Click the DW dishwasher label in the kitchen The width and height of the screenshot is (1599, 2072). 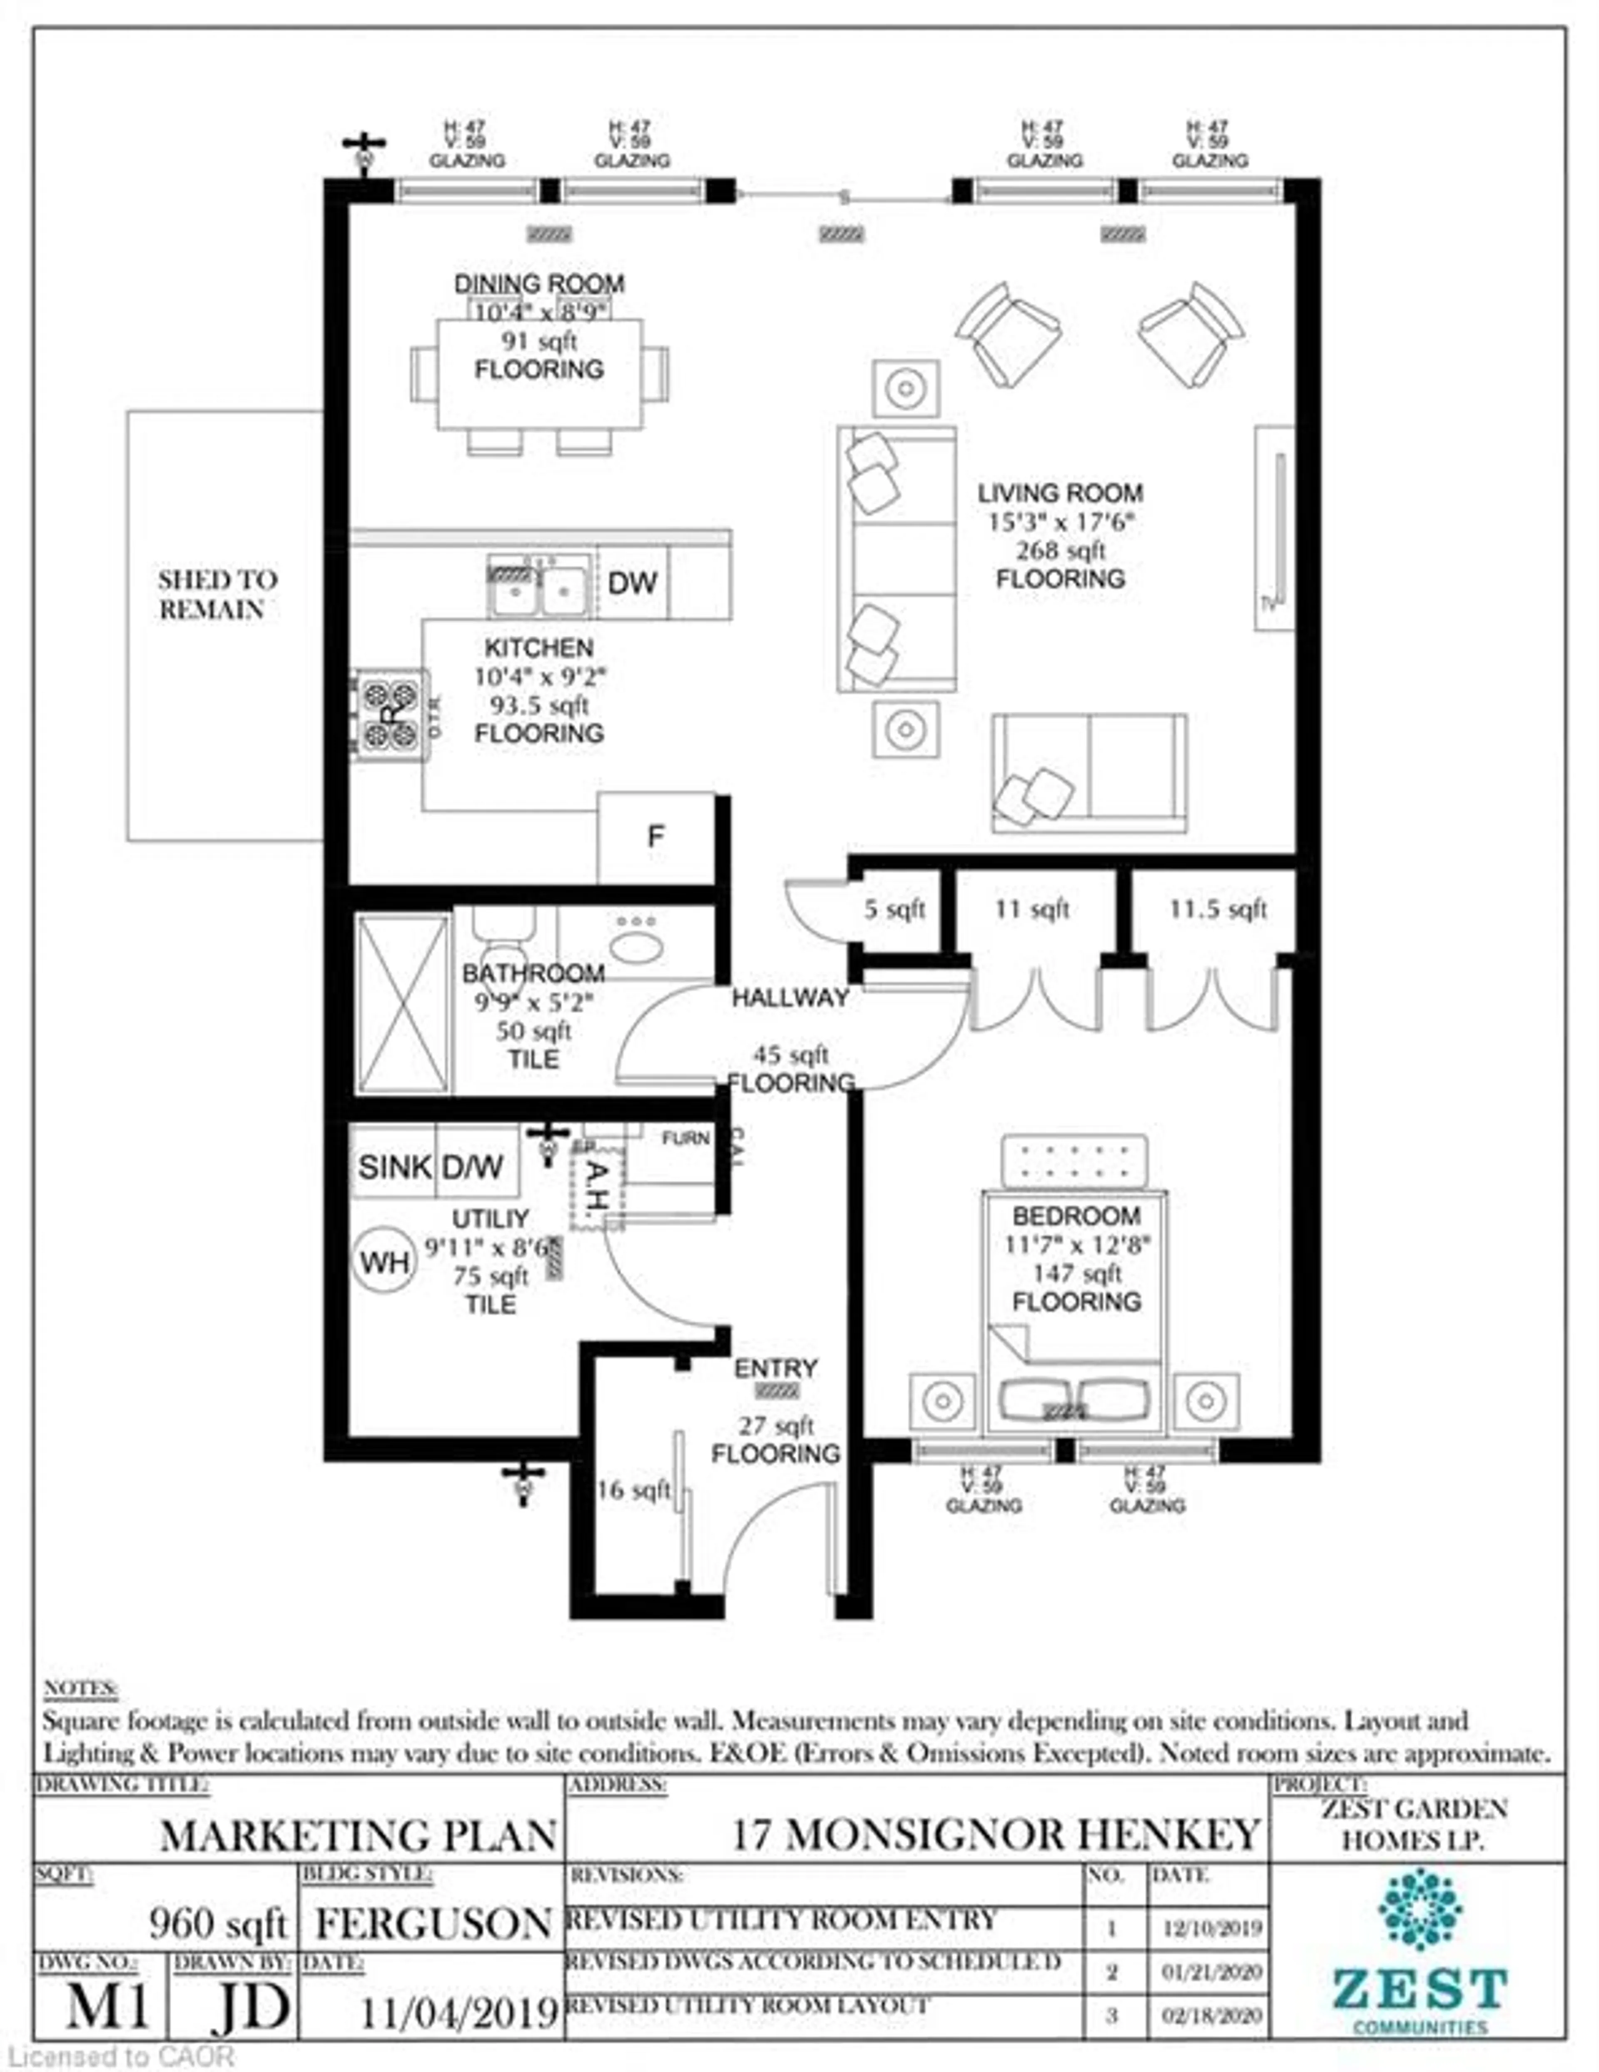[632, 582]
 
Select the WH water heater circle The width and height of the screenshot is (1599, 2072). [385, 1262]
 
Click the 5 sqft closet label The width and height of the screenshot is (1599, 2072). [894, 910]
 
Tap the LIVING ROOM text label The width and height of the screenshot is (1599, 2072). [1060, 493]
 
